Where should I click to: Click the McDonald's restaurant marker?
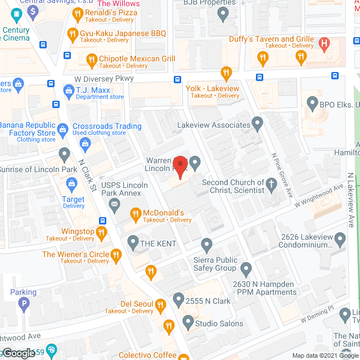[135, 214]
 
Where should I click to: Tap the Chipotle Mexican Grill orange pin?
[92, 58]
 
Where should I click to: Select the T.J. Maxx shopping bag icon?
[69, 90]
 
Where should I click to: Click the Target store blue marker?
[72, 183]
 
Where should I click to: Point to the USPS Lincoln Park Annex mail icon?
[115, 205]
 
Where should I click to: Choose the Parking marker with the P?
[23, 305]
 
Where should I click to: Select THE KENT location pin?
[133, 243]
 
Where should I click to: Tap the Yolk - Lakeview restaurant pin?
[226, 73]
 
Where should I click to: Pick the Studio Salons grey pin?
[188, 323]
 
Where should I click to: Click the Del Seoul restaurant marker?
[160, 305]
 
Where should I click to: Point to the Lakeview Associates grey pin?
[258, 122]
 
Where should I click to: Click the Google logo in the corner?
[19, 353]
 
